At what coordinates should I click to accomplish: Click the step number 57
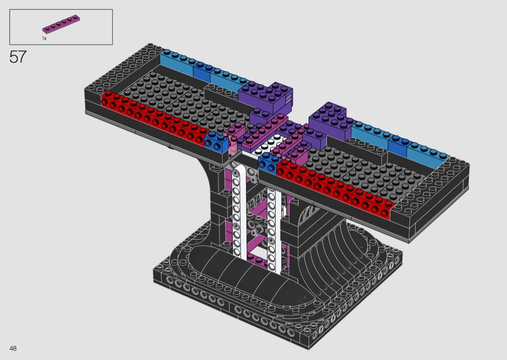click(18, 57)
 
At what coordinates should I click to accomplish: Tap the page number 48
click(13, 348)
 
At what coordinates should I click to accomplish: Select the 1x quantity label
click(44, 39)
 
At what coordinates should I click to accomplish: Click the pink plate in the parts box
click(61, 24)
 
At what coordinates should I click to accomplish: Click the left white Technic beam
click(239, 210)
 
